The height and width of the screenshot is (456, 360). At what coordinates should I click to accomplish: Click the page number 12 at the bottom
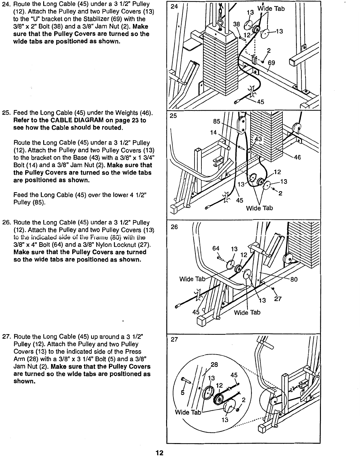point(159,453)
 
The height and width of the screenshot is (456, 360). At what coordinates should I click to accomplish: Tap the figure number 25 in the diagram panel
point(173,116)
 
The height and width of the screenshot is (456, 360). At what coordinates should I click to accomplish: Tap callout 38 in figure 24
point(236,24)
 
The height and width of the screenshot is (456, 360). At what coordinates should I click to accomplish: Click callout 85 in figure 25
point(217,121)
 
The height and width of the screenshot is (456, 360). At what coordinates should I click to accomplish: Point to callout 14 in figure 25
point(213,132)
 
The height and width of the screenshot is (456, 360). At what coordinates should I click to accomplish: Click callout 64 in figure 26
point(216,248)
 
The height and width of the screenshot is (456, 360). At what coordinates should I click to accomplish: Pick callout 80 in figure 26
point(294,279)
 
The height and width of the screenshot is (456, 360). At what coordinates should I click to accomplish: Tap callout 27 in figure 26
point(277,299)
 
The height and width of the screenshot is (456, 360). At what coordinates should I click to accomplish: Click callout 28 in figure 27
point(214,365)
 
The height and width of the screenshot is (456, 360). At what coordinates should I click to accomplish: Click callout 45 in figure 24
point(260,101)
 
